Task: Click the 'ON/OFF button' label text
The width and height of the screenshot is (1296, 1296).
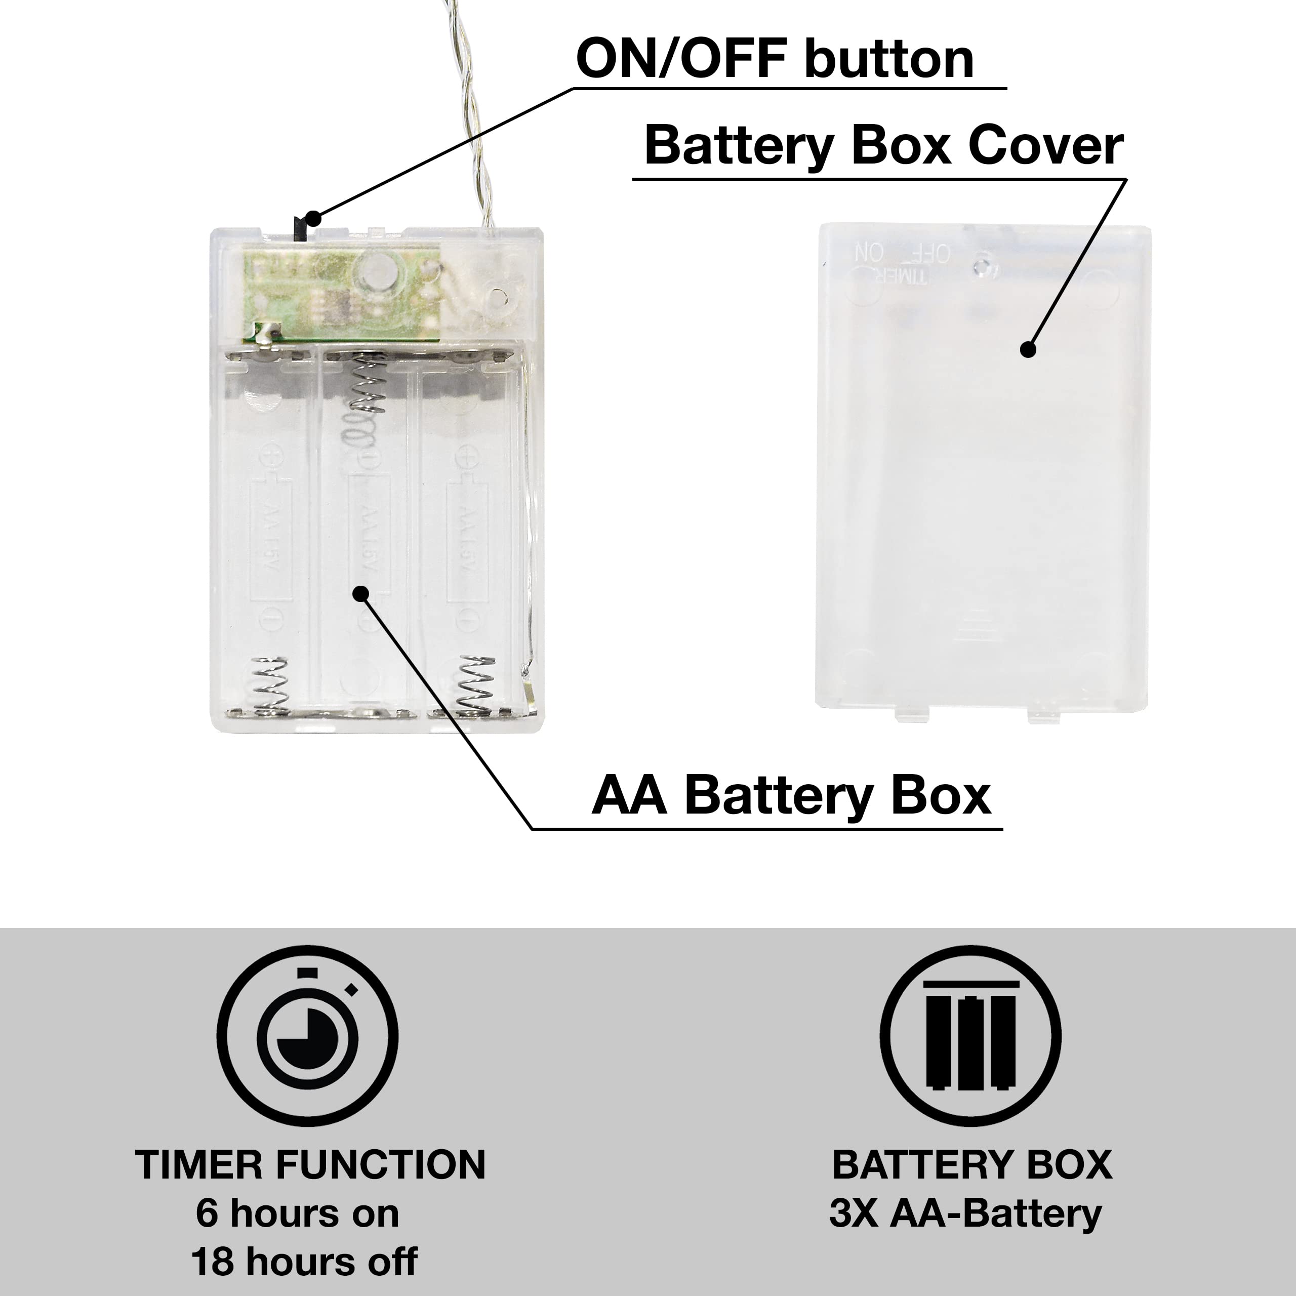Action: point(774,59)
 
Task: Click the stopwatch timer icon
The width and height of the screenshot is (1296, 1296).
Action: point(308,1035)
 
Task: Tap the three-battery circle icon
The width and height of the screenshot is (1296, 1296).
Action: point(970,1035)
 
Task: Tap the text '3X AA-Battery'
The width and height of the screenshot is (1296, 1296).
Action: point(965,1213)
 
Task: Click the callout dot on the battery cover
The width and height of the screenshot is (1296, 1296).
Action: point(1028,349)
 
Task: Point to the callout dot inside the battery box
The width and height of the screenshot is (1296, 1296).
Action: point(361,593)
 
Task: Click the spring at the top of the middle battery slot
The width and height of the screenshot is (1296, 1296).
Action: point(366,389)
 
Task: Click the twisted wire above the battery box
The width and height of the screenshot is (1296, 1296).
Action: point(473,114)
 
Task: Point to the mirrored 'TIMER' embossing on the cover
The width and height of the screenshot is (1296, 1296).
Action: point(895,274)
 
